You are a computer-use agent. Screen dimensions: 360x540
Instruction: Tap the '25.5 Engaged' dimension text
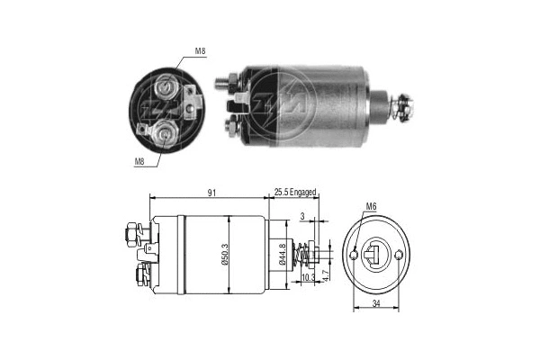[291, 192]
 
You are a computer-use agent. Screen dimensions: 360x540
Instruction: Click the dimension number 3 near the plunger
[303, 217]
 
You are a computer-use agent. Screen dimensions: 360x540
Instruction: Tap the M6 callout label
[371, 207]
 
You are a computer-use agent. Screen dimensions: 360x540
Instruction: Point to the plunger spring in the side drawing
[306, 256]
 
